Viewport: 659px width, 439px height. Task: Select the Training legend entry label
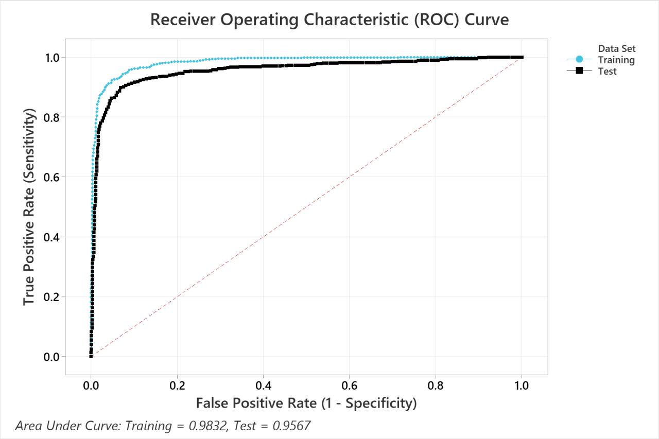[x=616, y=60]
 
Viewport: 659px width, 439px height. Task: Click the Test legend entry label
[x=608, y=72]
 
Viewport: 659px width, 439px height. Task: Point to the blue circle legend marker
[x=579, y=60]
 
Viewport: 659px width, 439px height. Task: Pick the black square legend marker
[x=579, y=71]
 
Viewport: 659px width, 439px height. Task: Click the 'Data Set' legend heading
[x=617, y=49]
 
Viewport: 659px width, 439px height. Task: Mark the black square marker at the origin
[x=91, y=356]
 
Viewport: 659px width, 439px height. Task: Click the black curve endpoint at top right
[x=522, y=57]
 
